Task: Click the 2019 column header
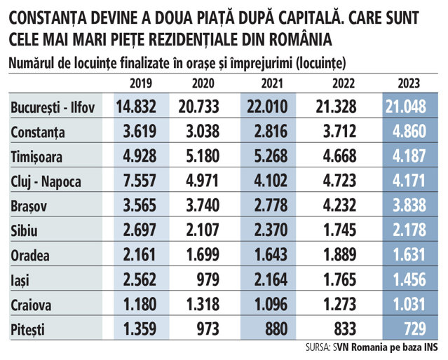141,83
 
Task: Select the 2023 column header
409,83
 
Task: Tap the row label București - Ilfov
53,108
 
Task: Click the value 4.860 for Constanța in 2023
409,132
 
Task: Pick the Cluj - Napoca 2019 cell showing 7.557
140,181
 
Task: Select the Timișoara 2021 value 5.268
271,156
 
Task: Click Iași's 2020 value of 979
208,279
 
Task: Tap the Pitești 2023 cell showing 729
415,328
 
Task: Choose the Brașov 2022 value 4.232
340,205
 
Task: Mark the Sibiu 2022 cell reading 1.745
340,230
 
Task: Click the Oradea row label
30,256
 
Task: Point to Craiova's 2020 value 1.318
203,304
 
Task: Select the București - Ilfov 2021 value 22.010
267,106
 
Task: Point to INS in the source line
431,347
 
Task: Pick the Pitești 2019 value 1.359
140,328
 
